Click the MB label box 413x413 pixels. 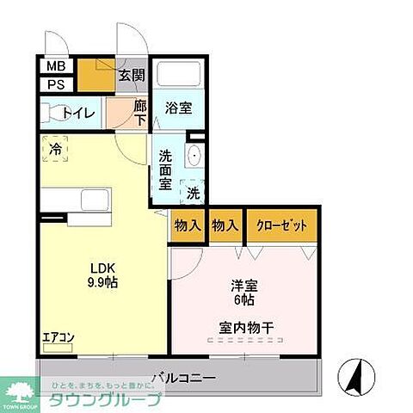(55, 66)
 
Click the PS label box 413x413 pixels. (55, 84)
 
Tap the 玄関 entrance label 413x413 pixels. (131, 77)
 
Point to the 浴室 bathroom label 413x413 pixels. (179, 109)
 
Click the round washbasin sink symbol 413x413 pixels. (193, 157)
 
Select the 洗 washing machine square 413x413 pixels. (194, 191)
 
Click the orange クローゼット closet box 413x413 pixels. (282, 225)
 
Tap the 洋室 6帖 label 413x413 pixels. (242, 293)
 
